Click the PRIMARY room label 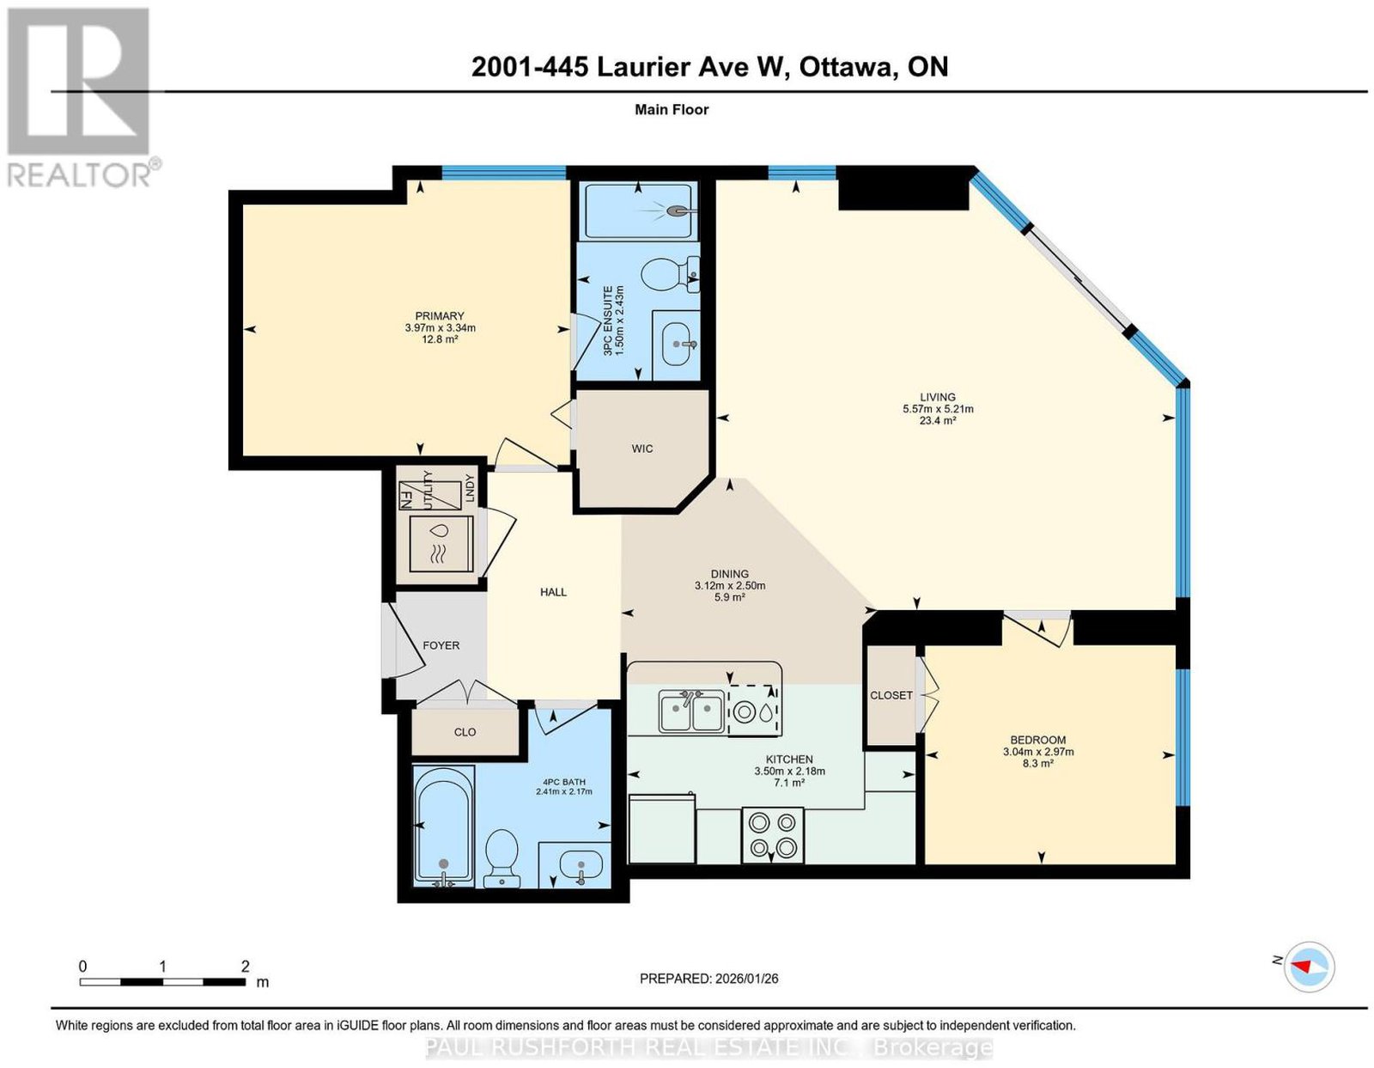click(x=440, y=315)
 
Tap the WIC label click(x=641, y=449)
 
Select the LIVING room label click(x=937, y=397)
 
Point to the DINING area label click(x=730, y=574)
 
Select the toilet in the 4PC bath click(x=502, y=858)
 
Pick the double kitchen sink click(x=691, y=711)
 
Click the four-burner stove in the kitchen click(x=772, y=834)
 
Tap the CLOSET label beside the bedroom click(x=891, y=696)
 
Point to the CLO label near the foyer click(x=465, y=732)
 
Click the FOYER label click(x=441, y=645)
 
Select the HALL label click(x=553, y=593)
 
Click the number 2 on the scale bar click(x=245, y=967)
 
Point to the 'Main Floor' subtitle click(x=672, y=109)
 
